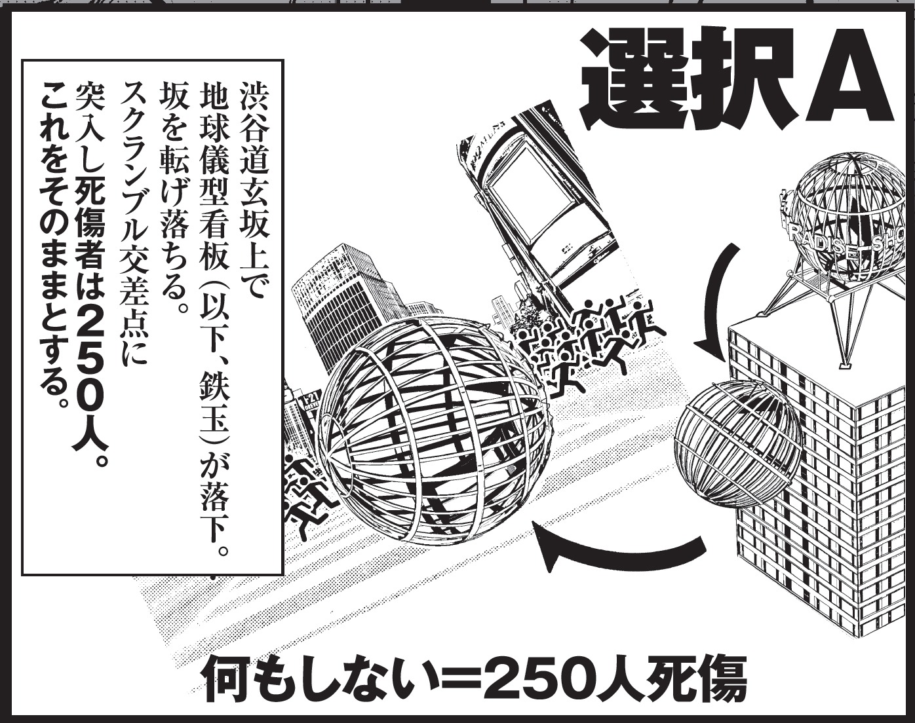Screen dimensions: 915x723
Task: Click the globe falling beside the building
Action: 737,445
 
